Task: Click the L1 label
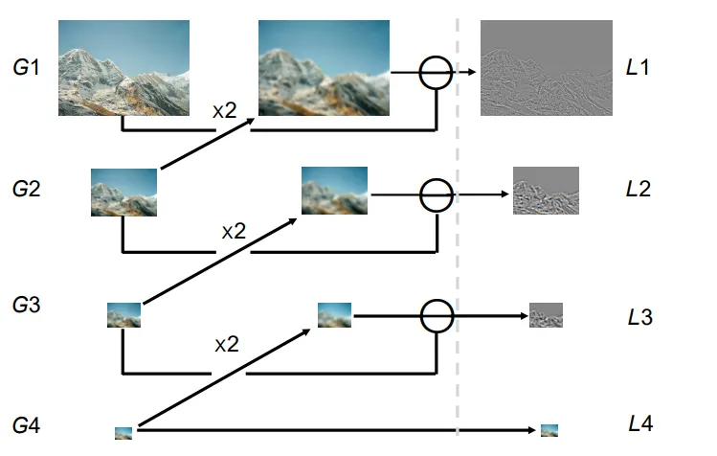point(639,69)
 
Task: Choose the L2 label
point(639,188)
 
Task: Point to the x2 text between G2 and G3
point(234,231)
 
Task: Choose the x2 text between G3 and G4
point(226,344)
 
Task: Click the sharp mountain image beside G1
point(124,67)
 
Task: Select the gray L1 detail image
point(545,67)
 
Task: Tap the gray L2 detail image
point(546,189)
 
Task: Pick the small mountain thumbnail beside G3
point(124,315)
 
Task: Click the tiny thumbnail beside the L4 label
point(549,431)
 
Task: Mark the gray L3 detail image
point(546,315)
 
